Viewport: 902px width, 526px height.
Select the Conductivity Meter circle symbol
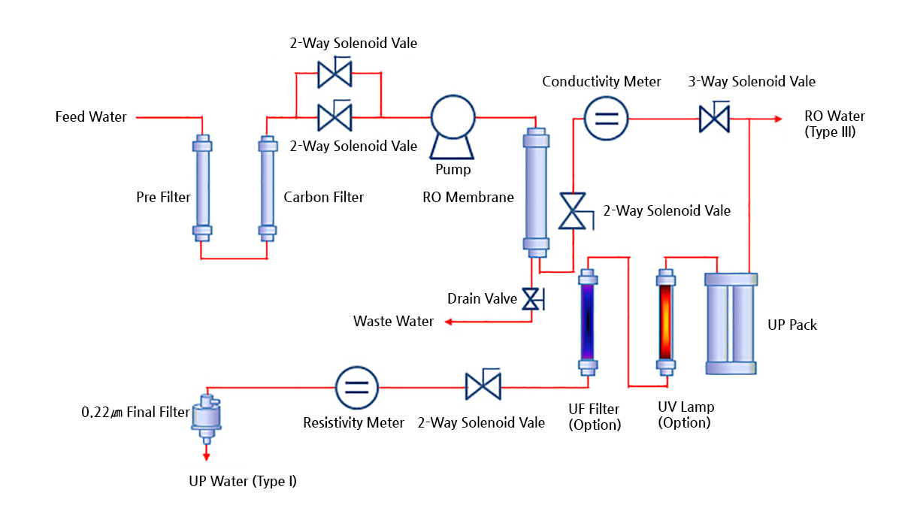(x=606, y=119)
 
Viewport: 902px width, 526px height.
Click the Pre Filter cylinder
(x=201, y=189)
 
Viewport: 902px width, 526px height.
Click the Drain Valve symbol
(x=533, y=300)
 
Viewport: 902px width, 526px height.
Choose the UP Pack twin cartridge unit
(x=731, y=323)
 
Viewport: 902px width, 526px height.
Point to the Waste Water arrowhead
(x=447, y=322)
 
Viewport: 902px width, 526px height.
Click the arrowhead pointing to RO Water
(x=777, y=119)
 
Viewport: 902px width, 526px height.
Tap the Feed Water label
(x=91, y=117)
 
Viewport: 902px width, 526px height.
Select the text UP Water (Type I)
(x=243, y=481)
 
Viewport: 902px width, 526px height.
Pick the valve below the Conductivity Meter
(x=574, y=211)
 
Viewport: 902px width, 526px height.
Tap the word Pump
(x=453, y=170)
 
